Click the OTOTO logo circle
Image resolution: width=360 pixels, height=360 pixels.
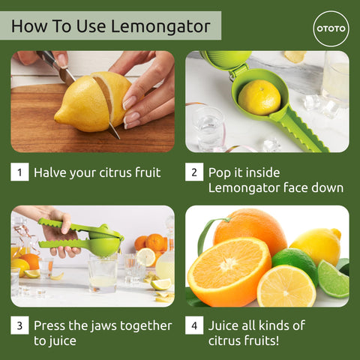331,29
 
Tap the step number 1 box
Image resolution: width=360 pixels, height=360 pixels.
19,172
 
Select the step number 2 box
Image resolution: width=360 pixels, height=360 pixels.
193,172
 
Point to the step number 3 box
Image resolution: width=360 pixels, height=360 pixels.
19,326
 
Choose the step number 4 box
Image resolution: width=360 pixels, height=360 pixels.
193,326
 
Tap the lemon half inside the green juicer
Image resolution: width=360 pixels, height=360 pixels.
259,97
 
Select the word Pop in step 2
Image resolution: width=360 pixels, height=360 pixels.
220,172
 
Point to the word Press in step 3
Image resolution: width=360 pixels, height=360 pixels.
52,326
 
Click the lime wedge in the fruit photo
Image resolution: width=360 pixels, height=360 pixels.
332,279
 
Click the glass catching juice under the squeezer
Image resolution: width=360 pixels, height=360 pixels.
102,274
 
